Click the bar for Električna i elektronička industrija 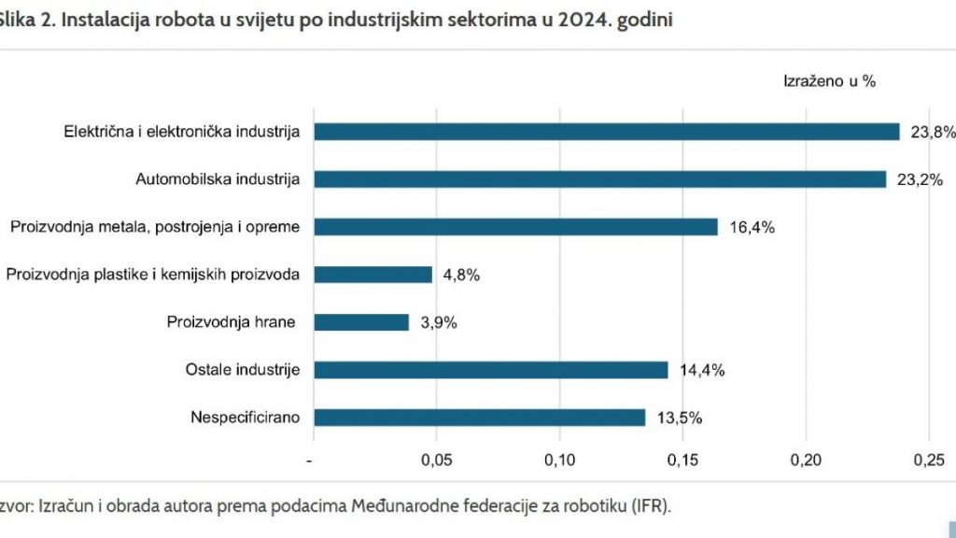tap(606, 132)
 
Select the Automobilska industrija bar tap(599, 179)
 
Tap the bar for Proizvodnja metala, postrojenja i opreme tap(515, 227)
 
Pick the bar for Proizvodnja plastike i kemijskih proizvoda tap(373, 275)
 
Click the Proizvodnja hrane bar tap(361, 322)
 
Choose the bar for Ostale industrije tap(490, 370)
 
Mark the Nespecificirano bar tap(479, 418)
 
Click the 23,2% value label tap(919, 179)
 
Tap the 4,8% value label tap(460, 275)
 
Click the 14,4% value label tap(702, 370)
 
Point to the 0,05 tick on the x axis tap(437, 460)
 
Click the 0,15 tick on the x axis tap(682, 460)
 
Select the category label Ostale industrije tap(243, 370)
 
